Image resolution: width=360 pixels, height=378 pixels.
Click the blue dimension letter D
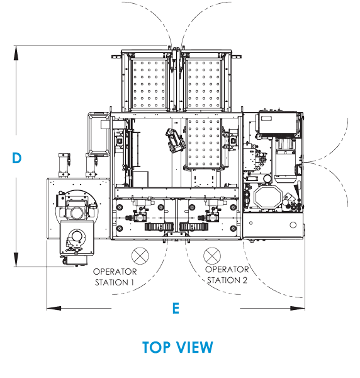coord(16,158)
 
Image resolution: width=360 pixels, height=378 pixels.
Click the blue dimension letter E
coord(176,308)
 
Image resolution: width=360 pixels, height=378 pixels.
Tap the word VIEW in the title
coord(194,347)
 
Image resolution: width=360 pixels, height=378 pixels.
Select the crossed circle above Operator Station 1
coord(140,256)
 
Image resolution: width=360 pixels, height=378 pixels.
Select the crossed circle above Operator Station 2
coord(212,256)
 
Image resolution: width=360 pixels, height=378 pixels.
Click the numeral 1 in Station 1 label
coord(132,282)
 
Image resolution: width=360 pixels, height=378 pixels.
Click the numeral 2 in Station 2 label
coord(244,280)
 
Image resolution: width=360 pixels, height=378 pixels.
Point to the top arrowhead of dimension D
coord(16,52)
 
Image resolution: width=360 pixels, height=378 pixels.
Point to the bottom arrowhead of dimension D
coord(16,260)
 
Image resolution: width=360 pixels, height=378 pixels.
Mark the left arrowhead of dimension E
coord(54,308)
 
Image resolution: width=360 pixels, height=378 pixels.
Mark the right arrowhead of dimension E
coord(298,308)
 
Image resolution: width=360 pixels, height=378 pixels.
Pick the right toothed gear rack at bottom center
coord(194,227)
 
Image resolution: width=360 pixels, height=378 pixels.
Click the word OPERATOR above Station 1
coord(115,272)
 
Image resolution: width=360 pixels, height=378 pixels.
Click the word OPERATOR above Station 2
coord(227,269)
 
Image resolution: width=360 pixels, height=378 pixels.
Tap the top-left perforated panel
coord(149,84)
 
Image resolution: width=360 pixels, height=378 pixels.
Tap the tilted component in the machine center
coord(176,140)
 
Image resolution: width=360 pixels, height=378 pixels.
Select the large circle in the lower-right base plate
coord(293,225)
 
